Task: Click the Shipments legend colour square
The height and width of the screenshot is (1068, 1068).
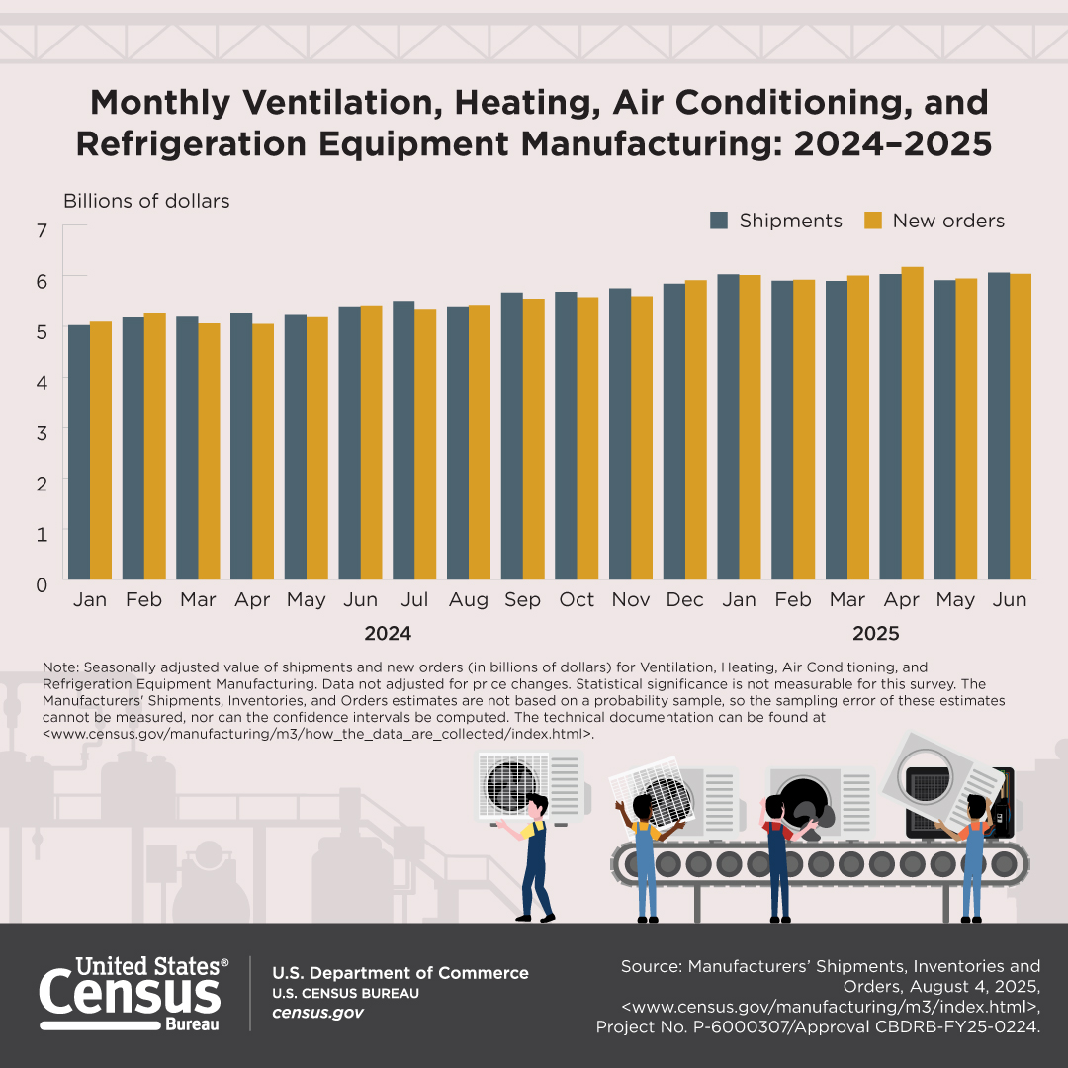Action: [719, 221]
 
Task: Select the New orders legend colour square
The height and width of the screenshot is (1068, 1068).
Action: [873, 221]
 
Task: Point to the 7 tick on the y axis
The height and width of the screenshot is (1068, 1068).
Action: [42, 231]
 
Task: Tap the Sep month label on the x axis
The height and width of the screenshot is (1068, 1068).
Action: [522, 600]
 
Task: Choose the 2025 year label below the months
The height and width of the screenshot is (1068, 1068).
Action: [875, 633]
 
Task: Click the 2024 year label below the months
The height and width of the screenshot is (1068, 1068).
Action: [388, 633]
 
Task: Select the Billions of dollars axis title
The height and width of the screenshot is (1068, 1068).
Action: [146, 201]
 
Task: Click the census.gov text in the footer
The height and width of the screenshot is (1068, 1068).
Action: [317, 1013]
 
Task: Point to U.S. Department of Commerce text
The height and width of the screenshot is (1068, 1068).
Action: [400, 973]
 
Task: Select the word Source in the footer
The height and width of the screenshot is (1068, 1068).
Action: [649, 966]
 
